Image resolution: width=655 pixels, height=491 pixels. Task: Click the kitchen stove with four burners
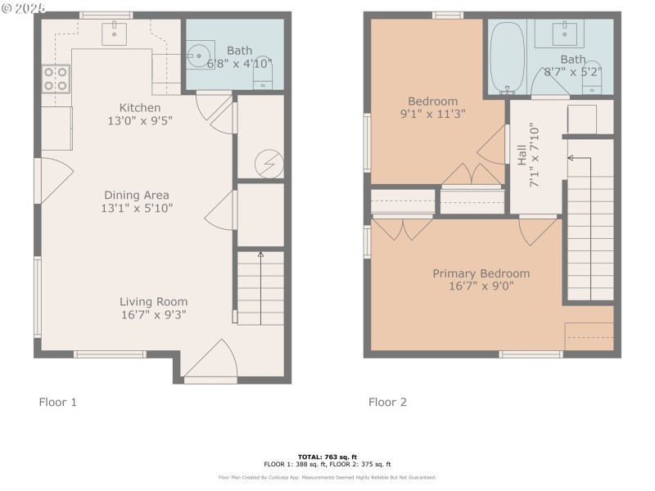pyautogui.click(x=55, y=79)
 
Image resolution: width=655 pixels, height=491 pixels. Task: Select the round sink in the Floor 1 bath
pyautogui.click(x=200, y=55)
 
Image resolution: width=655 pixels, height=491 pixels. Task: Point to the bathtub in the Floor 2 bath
pyautogui.click(x=507, y=57)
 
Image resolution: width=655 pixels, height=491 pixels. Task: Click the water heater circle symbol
pyautogui.click(x=266, y=164)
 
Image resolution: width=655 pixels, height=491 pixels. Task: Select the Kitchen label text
pyautogui.click(x=140, y=107)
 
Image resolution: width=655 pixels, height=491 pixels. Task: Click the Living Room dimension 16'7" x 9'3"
pyautogui.click(x=153, y=314)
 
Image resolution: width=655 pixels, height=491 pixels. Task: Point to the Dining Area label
pyautogui.click(x=136, y=195)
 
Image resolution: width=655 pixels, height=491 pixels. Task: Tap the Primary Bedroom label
pyautogui.click(x=481, y=273)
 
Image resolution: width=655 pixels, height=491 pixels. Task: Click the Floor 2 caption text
pyautogui.click(x=387, y=402)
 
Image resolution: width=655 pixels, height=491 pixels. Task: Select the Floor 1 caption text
pyautogui.click(x=58, y=402)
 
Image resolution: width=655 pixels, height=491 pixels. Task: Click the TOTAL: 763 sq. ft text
pyautogui.click(x=327, y=456)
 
